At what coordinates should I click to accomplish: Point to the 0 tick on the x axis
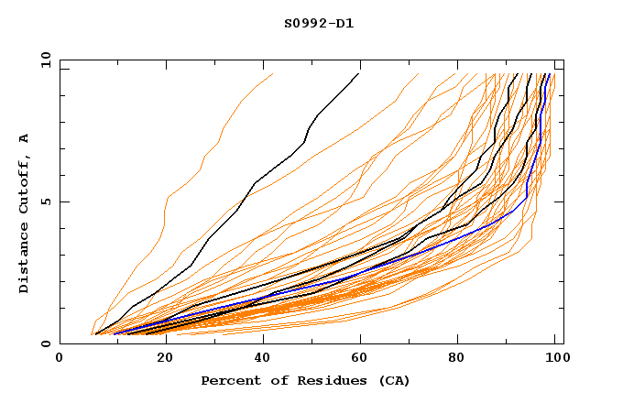60,359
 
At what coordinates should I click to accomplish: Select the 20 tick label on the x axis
160,359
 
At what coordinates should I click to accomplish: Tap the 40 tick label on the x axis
260,359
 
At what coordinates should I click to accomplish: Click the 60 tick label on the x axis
361,359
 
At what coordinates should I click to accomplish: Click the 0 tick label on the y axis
45,344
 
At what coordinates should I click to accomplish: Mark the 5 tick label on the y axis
45,201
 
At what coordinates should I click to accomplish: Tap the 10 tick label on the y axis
41,59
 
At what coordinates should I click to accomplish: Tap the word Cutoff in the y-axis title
24,182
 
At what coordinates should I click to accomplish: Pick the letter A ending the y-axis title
24,137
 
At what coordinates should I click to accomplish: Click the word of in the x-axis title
271,381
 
